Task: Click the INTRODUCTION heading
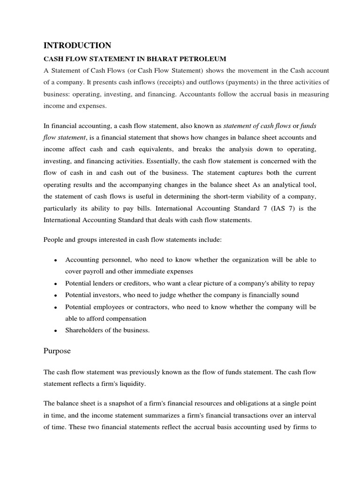pos(77,45)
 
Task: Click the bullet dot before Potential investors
pos(56,295)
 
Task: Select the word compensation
pos(120,319)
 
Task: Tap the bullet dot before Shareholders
pos(56,330)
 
